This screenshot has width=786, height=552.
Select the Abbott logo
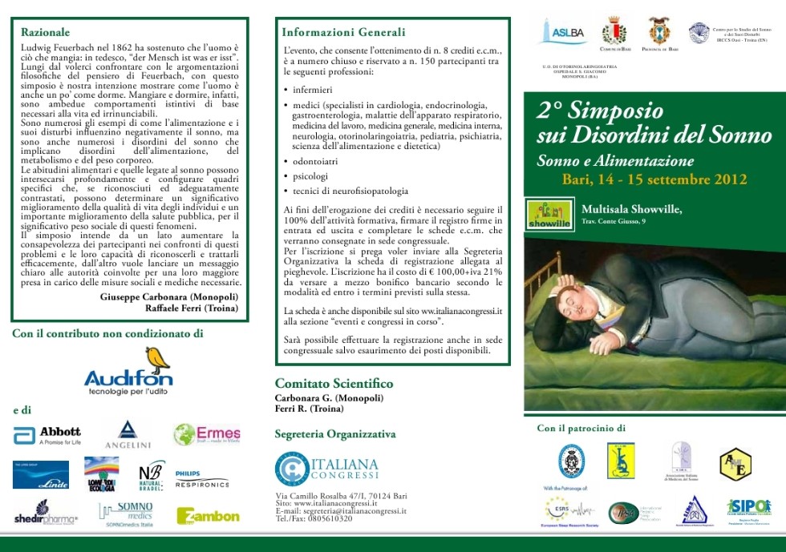coord(47,435)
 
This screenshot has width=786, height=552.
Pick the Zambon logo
coord(208,516)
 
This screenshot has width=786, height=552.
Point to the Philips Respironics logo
coord(201,479)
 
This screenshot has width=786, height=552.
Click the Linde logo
coord(41,475)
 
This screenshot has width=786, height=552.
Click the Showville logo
coord(549,214)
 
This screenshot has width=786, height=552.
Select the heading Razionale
coord(45,32)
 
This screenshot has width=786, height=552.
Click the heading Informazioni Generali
coord(343,32)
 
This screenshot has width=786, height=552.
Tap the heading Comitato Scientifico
coord(334,384)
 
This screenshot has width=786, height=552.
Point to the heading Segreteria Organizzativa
coord(334,434)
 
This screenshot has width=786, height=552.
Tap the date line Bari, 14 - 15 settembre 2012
coord(654,179)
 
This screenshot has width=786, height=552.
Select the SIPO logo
coord(749,506)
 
